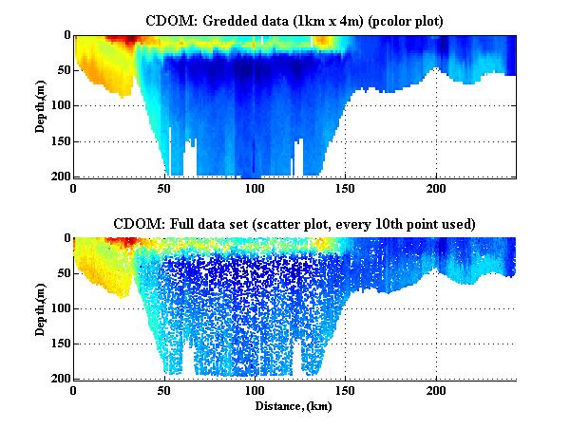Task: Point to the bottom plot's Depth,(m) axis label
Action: click(x=42, y=308)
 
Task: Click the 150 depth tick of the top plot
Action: click(x=58, y=141)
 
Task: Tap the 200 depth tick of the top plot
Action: click(x=58, y=177)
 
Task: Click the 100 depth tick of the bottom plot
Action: click(x=58, y=308)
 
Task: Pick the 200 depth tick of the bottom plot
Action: click(x=58, y=380)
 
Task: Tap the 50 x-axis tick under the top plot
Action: click(x=165, y=188)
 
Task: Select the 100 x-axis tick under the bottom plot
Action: click(x=256, y=391)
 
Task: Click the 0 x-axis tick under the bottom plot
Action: click(x=74, y=391)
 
